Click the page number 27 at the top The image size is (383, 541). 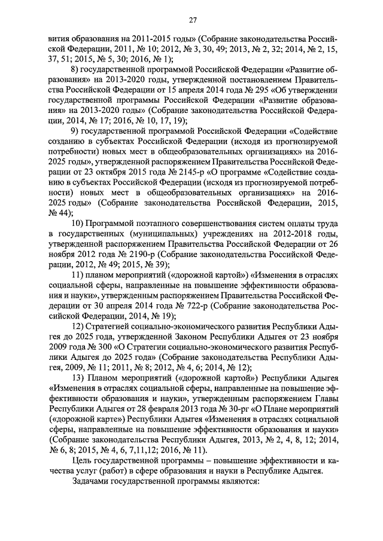(x=193, y=20)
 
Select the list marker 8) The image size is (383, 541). (x=75, y=71)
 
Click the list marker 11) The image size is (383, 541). (x=78, y=276)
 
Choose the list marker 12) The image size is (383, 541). (x=78, y=326)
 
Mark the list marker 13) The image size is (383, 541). (x=78, y=378)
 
